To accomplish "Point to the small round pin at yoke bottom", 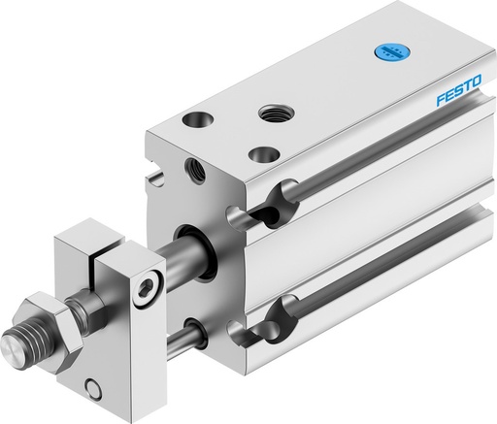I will [x=93, y=391].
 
